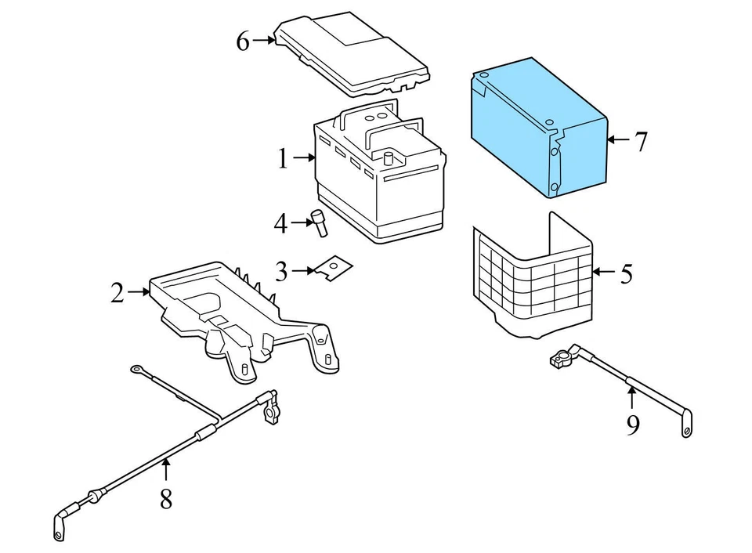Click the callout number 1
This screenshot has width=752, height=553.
[x=283, y=159]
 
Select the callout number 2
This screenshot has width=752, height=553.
[x=117, y=293]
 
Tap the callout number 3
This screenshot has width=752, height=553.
[x=282, y=272]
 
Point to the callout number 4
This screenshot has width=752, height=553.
[x=280, y=225]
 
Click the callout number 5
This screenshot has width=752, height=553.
[x=626, y=274]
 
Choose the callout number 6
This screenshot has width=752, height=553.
[x=243, y=41]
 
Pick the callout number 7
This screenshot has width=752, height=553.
[x=641, y=142]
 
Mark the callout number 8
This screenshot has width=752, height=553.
[x=166, y=498]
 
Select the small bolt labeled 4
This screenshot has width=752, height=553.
[x=320, y=222]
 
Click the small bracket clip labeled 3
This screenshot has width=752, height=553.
[x=333, y=268]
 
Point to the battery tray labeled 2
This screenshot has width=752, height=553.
[x=235, y=313]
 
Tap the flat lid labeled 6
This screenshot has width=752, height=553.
[x=352, y=51]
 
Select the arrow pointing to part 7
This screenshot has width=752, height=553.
[x=618, y=140]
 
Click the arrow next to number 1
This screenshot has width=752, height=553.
[x=302, y=159]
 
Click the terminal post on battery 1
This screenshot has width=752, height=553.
[x=387, y=157]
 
